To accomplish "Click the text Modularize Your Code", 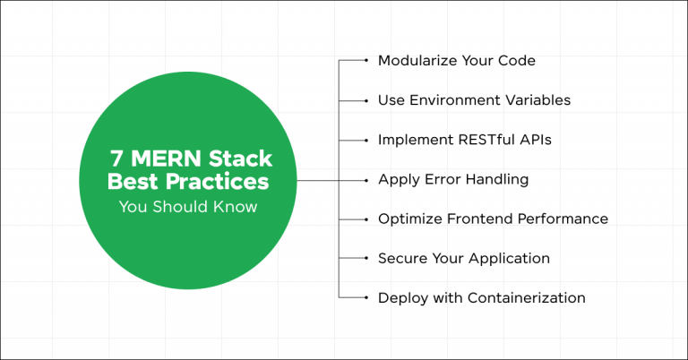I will [457, 61].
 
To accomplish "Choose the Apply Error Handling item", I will [452, 179].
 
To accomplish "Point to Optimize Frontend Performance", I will [493, 219].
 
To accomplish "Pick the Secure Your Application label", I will [463, 258].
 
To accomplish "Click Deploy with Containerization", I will [481, 297].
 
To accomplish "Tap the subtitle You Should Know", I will [188, 208].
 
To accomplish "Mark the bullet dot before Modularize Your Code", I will [366, 61].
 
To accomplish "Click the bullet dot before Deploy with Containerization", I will [366, 297].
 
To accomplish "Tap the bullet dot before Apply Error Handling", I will [366, 179].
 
